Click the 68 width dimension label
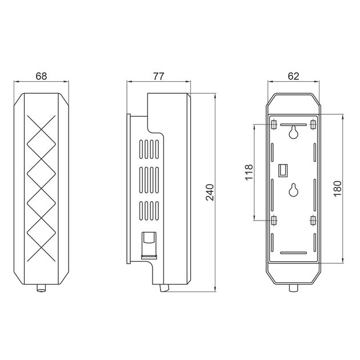(x=41, y=76)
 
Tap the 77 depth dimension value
(x=159, y=76)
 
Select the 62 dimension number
(x=293, y=76)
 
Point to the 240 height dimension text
(x=210, y=192)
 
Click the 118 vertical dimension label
(x=249, y=172)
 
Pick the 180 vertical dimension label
(x=338, y=189)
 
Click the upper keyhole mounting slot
(x=293, y=132)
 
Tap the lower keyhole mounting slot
(x=293, y=190)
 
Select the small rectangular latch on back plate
(x=283, y=170)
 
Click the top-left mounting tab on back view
(x=274, y=124)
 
